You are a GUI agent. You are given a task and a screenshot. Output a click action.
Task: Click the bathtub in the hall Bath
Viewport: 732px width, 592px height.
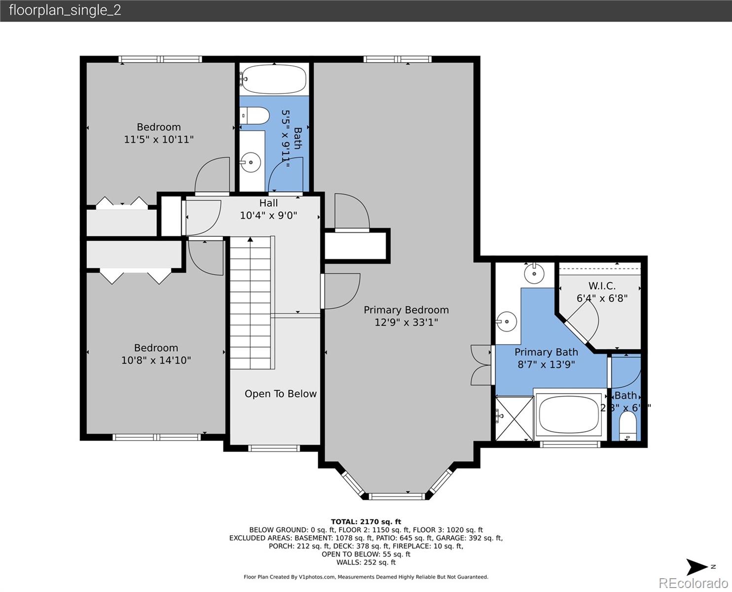pos(274,79)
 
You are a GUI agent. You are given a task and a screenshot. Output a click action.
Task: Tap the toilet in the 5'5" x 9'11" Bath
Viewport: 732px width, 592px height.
pos(256,116)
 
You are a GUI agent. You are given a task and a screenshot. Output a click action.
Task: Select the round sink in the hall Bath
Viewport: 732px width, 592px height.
pos(252,161)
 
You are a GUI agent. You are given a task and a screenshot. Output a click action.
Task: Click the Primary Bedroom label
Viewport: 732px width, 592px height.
pos(406,310)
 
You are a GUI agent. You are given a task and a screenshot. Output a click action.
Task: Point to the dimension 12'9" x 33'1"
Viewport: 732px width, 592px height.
pos(406,323)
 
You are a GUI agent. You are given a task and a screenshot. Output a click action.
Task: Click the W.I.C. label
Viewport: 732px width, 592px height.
pos(602,286)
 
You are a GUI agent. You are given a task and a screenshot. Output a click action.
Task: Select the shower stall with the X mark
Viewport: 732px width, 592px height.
pos(514,417)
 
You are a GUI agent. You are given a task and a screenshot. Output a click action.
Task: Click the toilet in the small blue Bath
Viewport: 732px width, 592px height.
pos(628,425)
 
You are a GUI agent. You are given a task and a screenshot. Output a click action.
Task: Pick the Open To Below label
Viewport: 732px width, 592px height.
pos(281,394)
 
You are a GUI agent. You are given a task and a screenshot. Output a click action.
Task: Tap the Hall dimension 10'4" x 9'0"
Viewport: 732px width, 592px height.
pos(268,216)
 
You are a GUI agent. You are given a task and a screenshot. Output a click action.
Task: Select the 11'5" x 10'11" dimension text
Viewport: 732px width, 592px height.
pos(158,140)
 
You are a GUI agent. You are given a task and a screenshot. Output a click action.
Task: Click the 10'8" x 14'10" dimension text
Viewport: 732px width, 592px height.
pos(156,361)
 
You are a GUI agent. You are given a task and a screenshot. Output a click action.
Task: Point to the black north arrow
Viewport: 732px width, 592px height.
pos(697,567)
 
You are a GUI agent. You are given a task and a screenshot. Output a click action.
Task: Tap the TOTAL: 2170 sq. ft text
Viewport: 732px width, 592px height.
pos(366,521)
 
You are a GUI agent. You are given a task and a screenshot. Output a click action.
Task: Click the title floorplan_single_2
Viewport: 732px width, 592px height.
pos(65,10)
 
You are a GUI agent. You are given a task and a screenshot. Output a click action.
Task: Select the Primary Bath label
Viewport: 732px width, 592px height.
pos(546,352)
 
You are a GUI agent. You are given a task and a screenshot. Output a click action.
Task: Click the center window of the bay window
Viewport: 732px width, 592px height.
pos(397,496)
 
